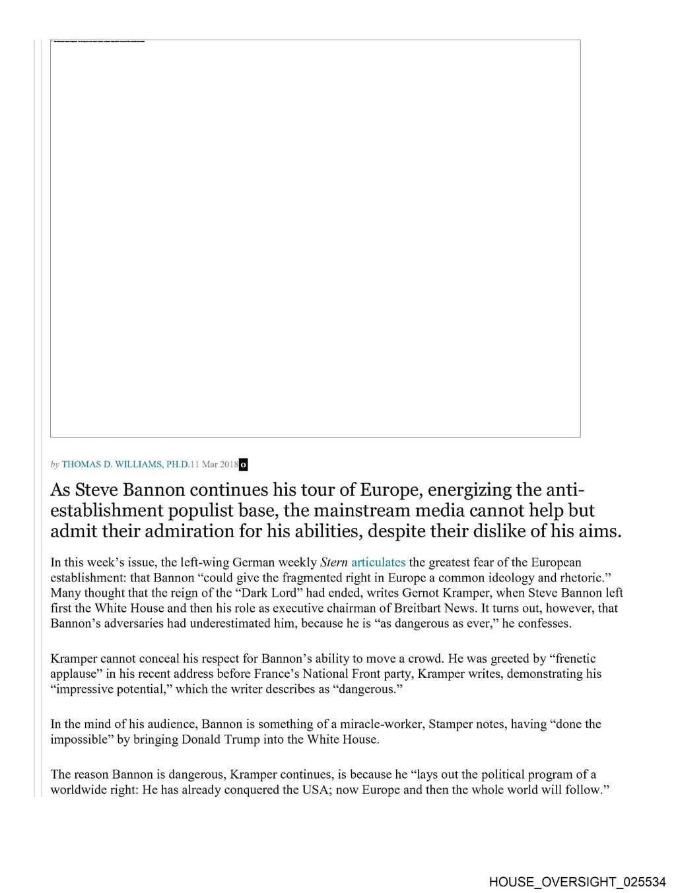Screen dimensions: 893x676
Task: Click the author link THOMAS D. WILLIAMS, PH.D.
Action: (x=125, y=465)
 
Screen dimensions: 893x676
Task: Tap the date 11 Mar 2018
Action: (x=215, y=465)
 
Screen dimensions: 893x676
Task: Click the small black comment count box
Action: (x=243, y=465)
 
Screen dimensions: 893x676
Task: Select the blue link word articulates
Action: (x=378, y=562)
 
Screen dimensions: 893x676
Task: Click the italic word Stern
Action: (x=333, y=562)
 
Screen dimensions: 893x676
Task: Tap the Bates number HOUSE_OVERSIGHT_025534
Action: (x=578, y=882)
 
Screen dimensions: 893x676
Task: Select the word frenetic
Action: (x=572, y=659)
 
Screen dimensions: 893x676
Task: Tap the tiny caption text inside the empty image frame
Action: (x=99, y=42)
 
